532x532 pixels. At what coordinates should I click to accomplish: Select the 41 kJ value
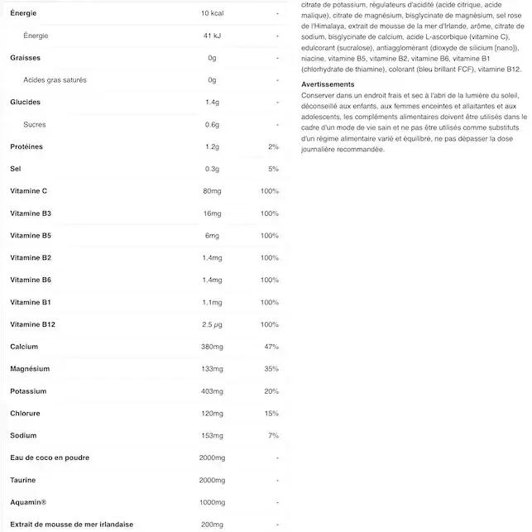pos(212,36)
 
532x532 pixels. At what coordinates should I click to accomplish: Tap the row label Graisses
pos(25,58)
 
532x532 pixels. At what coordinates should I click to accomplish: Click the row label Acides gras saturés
pos(55,80)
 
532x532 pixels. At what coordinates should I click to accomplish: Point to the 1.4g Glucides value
pos(212,103)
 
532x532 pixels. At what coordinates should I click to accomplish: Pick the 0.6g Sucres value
pos(212,125)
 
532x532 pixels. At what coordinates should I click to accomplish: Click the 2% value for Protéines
pos(273,146)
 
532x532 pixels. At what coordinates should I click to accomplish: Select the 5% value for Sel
pos(273,169)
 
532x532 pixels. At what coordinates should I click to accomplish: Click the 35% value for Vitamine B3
pos(270,213)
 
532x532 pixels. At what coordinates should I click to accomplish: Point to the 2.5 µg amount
pos(213,324)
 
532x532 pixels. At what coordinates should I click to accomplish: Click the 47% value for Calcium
pos(271,346)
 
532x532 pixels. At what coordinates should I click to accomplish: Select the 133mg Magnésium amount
pos(213,368)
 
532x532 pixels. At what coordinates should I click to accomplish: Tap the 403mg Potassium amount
pos(213,391)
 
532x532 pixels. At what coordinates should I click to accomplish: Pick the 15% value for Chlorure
pos(271,413)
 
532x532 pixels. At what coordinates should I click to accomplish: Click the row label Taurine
pos(23,480)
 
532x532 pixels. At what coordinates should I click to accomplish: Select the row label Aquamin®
pos(28,502)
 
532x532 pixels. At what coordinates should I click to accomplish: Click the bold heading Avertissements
pos(328,84)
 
